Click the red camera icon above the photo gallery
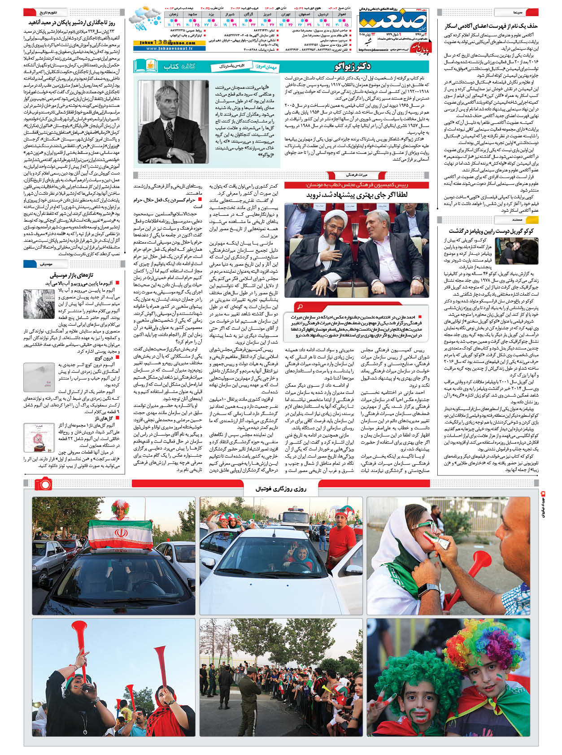(43, 483)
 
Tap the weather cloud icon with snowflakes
(144, 18)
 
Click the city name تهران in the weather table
(285, 14)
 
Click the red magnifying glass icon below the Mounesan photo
(300, 306)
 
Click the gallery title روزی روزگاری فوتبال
(280, 489)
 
